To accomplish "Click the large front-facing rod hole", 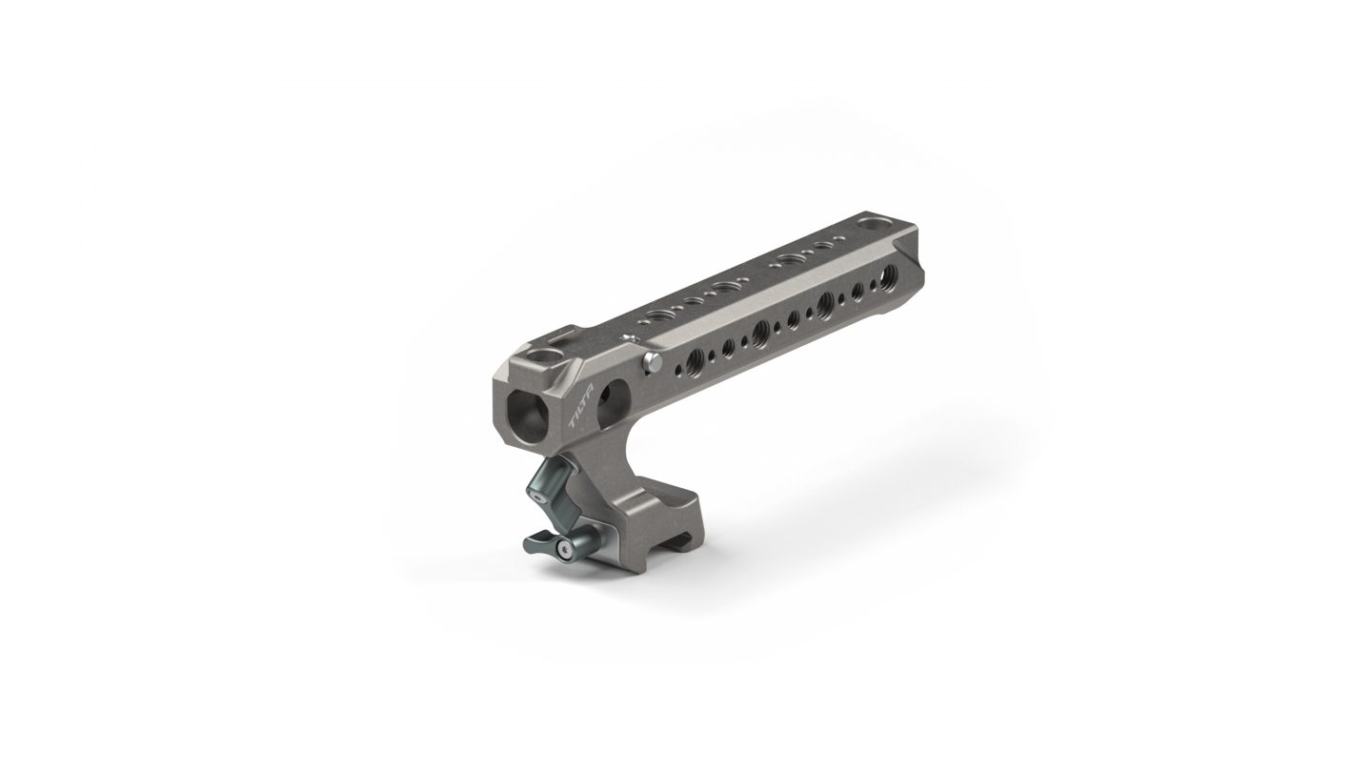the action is pos(527,416).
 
